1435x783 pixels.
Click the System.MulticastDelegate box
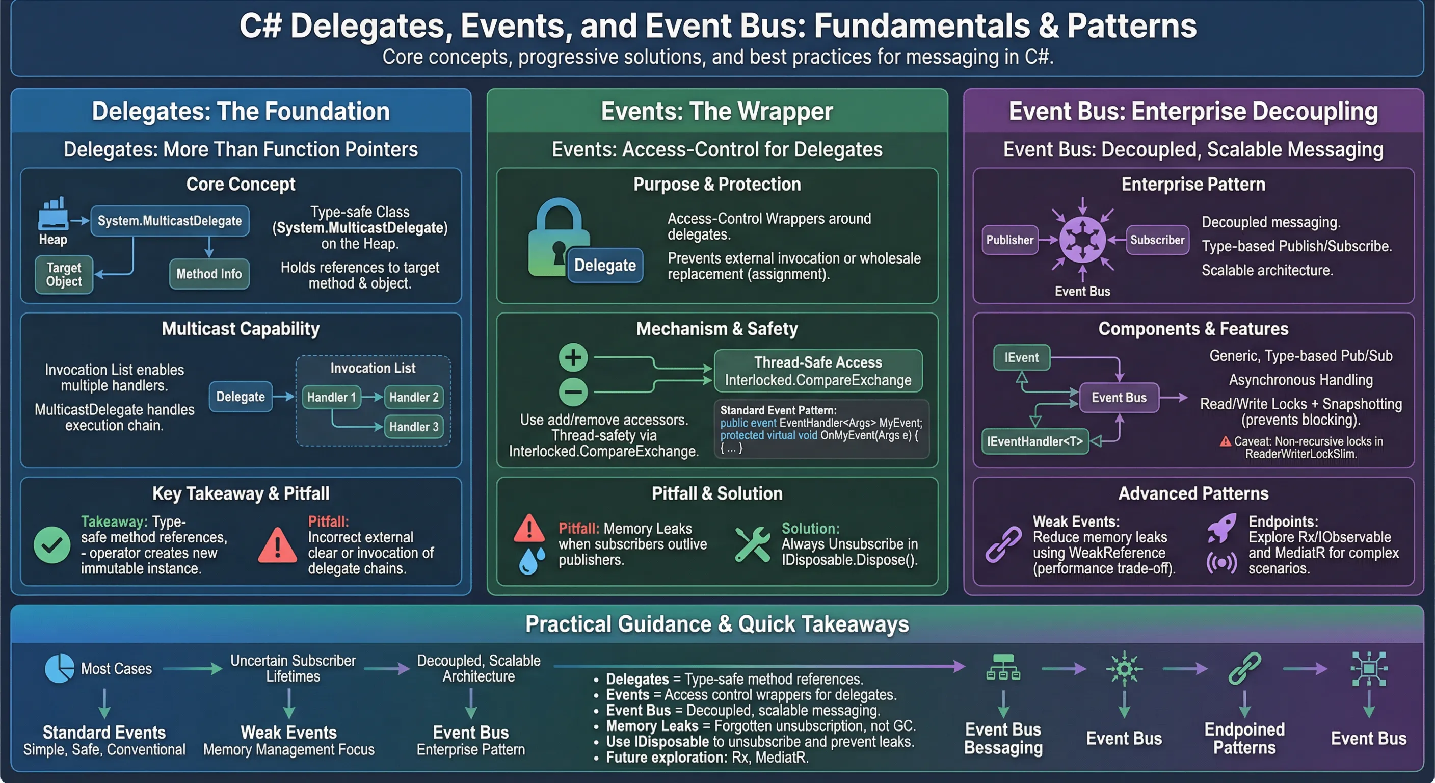pyautogui.click(x=169, y=221)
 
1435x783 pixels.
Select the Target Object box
pyautogui.click(x=64, y=275)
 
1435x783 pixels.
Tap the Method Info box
pyautogui.click(x=209, y=274)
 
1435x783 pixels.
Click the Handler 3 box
pyautogui.click(x=413, y=427)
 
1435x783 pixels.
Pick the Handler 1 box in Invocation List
pyautogui.click(x=331, y=397)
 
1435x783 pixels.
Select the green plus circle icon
pyautogui.click(x=573, y=358)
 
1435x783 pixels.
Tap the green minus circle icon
pyautogui.click(x=573, y=392)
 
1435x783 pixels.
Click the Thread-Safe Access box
pyautogui.click(x=818, y=371)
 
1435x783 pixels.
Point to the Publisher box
pyautogui.click(x=1009, y=240)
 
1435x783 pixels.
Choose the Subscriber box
pyautogui.click(x=1157, y=240)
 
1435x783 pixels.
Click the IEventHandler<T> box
pyautogui.click(x=1034, y=442)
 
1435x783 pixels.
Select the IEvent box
pyautogui.click(x=1021, y=358)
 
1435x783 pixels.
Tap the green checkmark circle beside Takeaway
pyautogui.click(x=52, y=545)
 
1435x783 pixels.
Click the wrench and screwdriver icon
pyautogui.click(x=752, y=544)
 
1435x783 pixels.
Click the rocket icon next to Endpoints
pyautogui.click(x=1221, y=528)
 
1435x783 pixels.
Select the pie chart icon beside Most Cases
pyautogui.click(x=59, y=668)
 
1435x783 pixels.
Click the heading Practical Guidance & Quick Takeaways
pyautogui.click(x=717, y=624)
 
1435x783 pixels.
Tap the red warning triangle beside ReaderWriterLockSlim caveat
pyautogui.click(x=1225, y=442)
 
